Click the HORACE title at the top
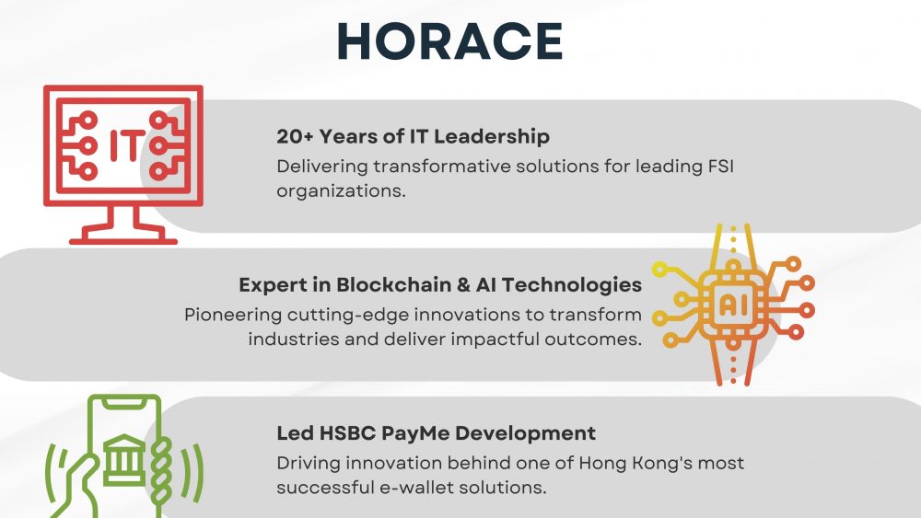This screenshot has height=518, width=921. coord(450,41)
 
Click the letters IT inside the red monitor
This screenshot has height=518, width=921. coord(126,145)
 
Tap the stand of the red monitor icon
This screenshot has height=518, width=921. coord(123,225)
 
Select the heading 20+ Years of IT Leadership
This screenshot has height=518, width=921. coord(413,136)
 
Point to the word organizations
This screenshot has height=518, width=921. coord(342,191)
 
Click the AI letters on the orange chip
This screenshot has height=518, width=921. coord(734,305)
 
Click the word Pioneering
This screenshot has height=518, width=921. coord(233,315)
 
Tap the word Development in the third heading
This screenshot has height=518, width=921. coord(526,433)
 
